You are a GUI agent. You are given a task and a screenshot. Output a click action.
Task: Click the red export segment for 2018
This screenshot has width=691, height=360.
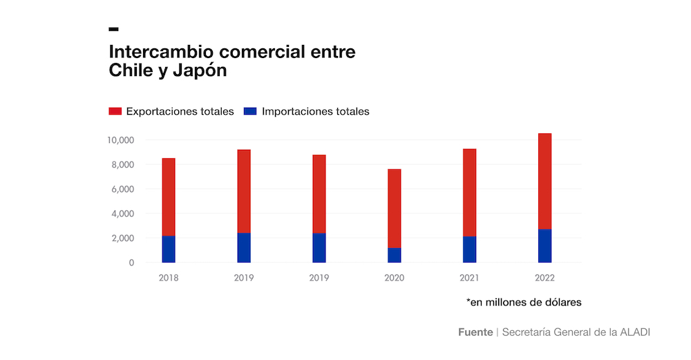pyautogui.click(x=169, y=197)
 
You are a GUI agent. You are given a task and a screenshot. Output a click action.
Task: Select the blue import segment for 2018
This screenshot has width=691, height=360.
pyautogui.click(x=169, y=249)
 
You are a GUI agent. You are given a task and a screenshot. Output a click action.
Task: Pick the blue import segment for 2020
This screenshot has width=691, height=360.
pyautogui.click(x=394, y=256)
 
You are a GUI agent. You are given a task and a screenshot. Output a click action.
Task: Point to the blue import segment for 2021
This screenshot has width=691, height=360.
pyautogui.click(x=469, y=249)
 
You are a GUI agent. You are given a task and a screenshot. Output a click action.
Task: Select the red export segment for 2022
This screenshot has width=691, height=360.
pyautogui.click(x=545, y=181)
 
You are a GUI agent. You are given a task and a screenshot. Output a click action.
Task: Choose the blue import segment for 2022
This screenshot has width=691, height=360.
pyautogui.click(x=545, y=246)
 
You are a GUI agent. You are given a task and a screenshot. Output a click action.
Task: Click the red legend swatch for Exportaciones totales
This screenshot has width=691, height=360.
pyautogui.click(x=115, y=111)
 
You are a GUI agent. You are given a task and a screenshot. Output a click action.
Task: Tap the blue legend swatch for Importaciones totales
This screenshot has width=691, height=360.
pyautogui.click(x=250, y=111)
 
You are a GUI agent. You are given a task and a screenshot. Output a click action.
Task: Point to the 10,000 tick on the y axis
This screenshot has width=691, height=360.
pyautogui.click(x=120, y=140)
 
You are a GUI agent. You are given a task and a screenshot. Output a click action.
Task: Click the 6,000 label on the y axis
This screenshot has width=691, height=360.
pyautogui.click(x=123, y=189)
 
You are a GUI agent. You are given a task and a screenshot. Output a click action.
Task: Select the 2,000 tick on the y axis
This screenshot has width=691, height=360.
pyautogui.click(x=123, y=238)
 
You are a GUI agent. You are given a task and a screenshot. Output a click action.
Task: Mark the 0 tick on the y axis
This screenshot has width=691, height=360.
pyautogui.click(x=131, y=263)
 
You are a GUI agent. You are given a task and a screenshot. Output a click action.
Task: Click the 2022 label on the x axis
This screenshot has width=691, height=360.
pyautogui.click(x=545, y=278)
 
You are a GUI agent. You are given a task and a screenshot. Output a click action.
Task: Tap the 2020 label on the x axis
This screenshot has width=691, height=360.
pyautogui.click(x=394, y=278)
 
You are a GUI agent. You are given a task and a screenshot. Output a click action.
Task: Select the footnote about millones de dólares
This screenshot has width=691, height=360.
pyautogui.click(x=523, y=302)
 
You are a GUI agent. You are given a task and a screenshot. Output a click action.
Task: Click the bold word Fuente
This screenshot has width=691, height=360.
pyautogui.click(x=475, y=332)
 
